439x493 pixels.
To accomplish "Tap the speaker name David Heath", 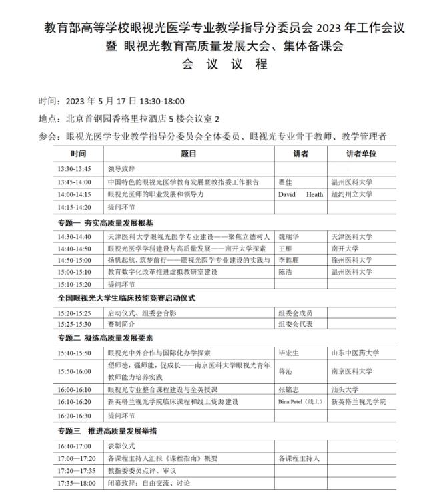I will point(300,194).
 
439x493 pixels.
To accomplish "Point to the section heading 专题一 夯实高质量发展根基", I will point(105,223).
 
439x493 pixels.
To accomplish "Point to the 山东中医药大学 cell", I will point(355,351).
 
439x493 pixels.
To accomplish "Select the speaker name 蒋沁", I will point(284,370).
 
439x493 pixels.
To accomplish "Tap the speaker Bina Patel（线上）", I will point(300,402).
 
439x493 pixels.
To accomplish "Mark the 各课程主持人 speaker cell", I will point(298,458).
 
